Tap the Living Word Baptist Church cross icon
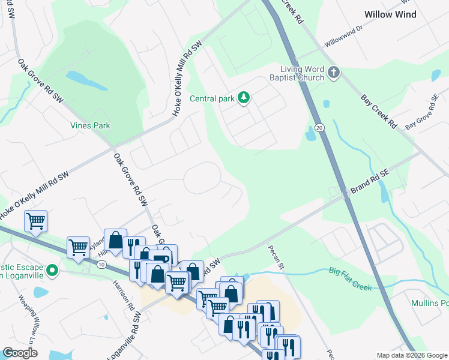click(x=334, y=74)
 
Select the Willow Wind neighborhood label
click(x=391, y=14)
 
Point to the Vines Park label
click(x=89, y=126)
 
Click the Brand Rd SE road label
click(x=370, y=181)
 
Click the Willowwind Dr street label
click(x=344, y=37)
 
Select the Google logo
click(x=20, y=353)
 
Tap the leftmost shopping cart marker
click(x=35, y=221)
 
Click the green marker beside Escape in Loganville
click(x=52, y=271)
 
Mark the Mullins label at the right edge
click(x=430, y=303)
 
